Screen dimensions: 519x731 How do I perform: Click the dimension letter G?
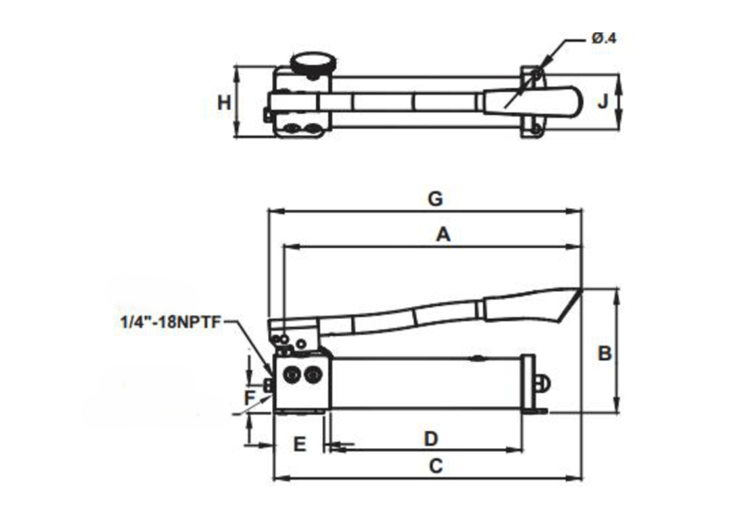coord(434,199)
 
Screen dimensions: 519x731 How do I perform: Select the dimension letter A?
coord(442,235)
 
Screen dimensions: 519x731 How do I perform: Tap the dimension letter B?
coord(604,354)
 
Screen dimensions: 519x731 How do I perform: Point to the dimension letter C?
coord(435,465)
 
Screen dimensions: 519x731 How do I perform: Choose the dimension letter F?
coord(249,396)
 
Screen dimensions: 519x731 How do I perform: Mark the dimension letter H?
coord(223,103)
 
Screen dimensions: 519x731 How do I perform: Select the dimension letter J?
coord(603,101)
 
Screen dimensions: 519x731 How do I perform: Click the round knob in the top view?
coord(314,62)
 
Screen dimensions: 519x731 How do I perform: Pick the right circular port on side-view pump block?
coord(314,374)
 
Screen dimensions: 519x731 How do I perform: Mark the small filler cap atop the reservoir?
coord(477,357)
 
